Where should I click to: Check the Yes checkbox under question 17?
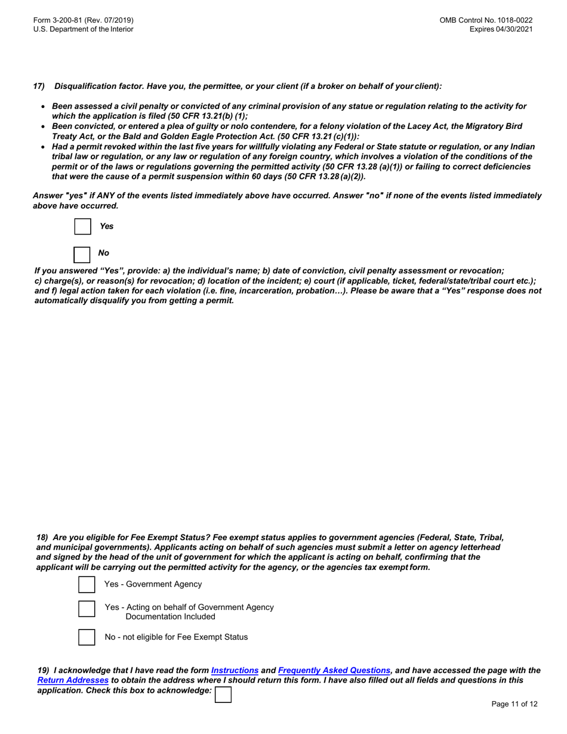(x=83, y=227)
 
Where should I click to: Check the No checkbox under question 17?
(x=82, y=254)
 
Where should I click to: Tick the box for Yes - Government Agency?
(x=87, y=585)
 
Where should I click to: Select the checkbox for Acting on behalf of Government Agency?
(x=87, y=609)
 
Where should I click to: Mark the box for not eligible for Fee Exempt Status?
(x=87, y=637)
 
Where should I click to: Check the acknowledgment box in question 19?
(x=223, y=695)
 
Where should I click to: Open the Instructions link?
(x=235, y=671)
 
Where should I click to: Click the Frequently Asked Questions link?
(x=334, y=671)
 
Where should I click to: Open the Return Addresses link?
(x=73, y=680)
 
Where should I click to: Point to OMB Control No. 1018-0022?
(x=486, y=20)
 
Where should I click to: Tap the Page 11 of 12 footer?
(x=514, y=704)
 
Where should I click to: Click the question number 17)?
(x=39, y=87)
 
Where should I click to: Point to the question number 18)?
(x=42, y=538)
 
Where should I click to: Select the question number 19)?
(x=43, y=671)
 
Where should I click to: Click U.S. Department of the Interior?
(x=84, y=29)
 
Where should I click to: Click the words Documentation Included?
(x=170, y=617)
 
